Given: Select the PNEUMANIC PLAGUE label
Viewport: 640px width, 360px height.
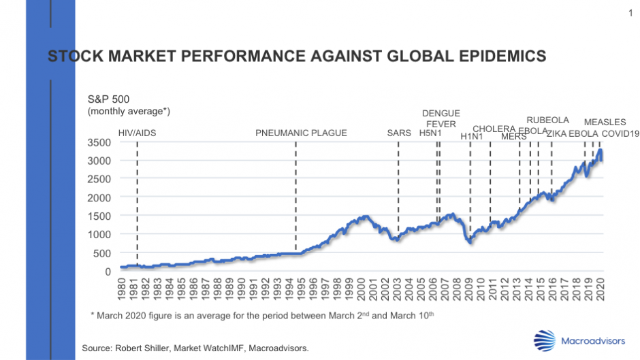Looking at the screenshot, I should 301,133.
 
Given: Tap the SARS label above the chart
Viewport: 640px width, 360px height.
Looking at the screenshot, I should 399,133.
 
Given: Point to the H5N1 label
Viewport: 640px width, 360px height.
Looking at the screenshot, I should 431,133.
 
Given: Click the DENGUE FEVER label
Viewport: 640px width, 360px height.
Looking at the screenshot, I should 441,118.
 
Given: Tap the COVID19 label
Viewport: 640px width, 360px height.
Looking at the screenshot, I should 620,133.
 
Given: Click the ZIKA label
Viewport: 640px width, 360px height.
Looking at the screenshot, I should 556,133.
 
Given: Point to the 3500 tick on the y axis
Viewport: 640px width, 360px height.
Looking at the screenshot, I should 99,143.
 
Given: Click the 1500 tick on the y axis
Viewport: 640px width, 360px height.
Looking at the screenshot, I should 99,216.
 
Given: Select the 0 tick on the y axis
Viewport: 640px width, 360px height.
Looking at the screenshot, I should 108,272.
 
